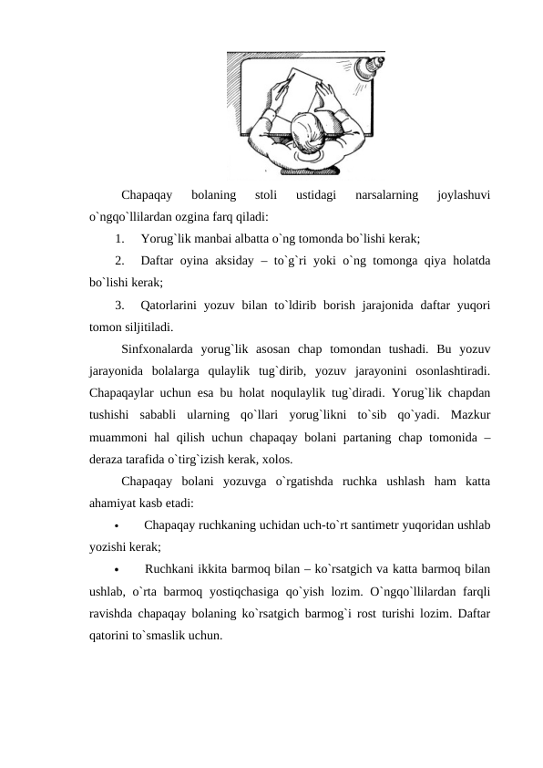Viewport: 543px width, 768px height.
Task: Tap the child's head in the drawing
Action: pyautogui.click(x=306, y=129)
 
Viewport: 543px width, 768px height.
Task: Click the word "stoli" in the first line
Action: pyautogui.click(x=266, y=194)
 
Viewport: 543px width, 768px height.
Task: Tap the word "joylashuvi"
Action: pyautogui.click(x=465, y=194)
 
